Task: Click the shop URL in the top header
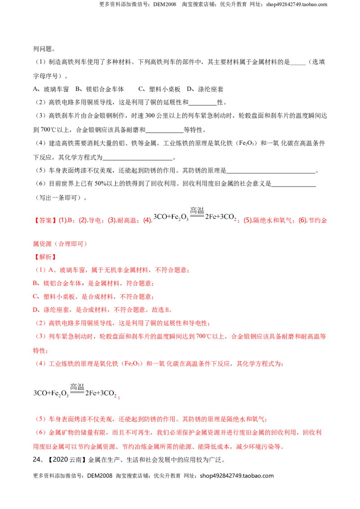[x=296, y=4]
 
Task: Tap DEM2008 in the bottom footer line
[x=100, y=476]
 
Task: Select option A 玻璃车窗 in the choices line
[x=51, y=89]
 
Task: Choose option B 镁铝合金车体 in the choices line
[x=100, y=89]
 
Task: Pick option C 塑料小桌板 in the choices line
[x=159, y=89]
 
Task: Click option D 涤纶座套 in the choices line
[x=205, y=89]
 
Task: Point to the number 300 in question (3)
[x=150, y=116]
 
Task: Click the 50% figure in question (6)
[x=100, y=183]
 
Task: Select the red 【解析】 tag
[x=45, y=257]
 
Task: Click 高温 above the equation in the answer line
[x=197, y=210]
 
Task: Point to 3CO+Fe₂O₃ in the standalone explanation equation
[x=51, y=393]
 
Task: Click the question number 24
[x=37, y=460]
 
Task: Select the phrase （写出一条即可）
[x=58, y=197]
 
